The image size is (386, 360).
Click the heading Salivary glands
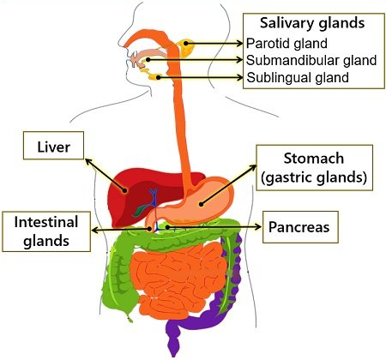[x=312, y=23]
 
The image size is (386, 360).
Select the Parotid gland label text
[x=286, y=44]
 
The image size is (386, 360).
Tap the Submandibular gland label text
[x=311, y=60]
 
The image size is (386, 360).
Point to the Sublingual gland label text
[x=298, y=77]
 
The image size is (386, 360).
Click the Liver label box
[x=53, y=146]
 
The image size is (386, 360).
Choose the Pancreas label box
[x=300, y=227]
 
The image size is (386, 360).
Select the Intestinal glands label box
[x=46, y=231]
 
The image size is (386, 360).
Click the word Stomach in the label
[x=314, y=159]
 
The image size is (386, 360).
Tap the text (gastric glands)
[x=314, y=177]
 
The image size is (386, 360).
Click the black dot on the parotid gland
[x=186, y=44]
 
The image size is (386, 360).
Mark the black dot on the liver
[x=125, y=190]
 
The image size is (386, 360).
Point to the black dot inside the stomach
[x=202, y=204]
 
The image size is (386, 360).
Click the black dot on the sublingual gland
[x=158, y=77]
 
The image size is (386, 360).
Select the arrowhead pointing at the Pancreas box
[x=258, y=227]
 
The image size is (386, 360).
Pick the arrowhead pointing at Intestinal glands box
[x=95, y=230]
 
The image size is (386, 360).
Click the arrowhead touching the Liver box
[x=88, y=162]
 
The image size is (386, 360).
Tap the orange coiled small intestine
[x=178, y=280]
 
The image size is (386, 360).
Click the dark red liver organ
[x=135, y=195]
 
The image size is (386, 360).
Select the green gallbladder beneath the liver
[x=139, y=211]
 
